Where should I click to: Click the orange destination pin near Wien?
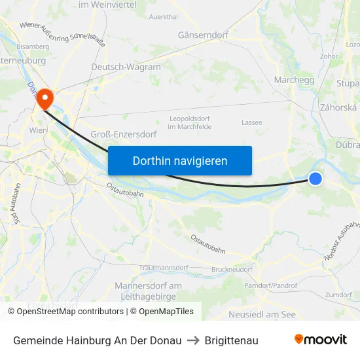[x=45, y=99]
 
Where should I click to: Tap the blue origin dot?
[x=315, y=178]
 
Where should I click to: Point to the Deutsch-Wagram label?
[x=126, y=67]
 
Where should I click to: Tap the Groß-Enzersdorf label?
[x=123, y=134]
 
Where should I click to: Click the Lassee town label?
[x=251, y=122]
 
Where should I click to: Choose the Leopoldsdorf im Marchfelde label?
[x=189, y=121]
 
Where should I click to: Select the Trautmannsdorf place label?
[x=164, y=268]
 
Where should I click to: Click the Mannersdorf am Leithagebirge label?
[x=148, y=291]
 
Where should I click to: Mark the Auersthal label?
[x=164, y=17]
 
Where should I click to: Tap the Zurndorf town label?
[x=338, y=295]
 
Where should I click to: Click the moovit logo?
[x=321, y=339]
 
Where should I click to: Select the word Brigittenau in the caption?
[x=231, y=340]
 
